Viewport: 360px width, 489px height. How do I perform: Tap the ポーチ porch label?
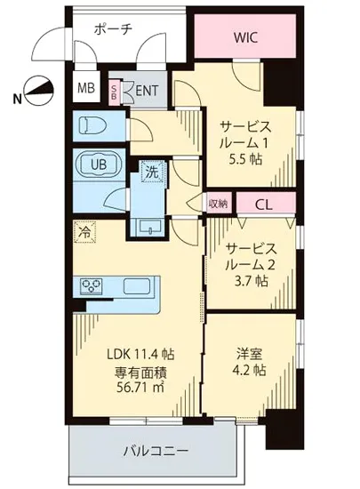(x=114, y=29)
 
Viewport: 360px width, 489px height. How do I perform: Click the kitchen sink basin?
(x=138, y=286)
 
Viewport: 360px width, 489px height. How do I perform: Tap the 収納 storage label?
(x=218, y=203)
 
